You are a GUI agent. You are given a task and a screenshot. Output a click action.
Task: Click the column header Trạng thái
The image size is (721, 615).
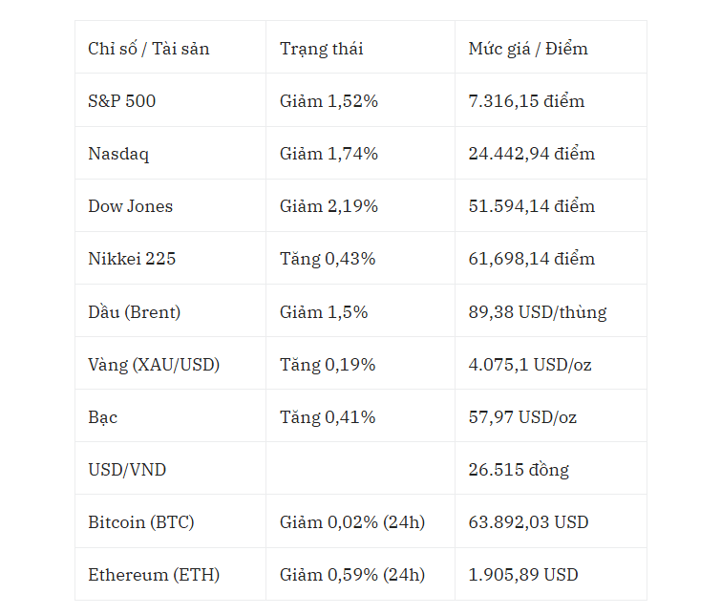pos(322,49)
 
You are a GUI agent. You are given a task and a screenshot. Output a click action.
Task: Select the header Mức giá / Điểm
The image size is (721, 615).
pos(528,49)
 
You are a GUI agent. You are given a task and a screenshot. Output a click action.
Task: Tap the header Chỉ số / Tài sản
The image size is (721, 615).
pos(149,49)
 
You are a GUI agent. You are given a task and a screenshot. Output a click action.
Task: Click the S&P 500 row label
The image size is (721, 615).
pos(122,100)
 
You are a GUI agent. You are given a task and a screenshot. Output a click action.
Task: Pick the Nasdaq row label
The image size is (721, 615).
pos(118,154)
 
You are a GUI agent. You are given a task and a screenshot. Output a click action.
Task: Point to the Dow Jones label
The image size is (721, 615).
pos(131,206)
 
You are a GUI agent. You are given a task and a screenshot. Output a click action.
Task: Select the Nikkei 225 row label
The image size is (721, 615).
pos(132,259)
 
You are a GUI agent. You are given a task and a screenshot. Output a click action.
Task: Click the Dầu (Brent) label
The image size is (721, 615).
pos(135,312)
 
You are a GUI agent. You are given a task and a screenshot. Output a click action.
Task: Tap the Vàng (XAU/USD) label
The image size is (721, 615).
pos(154,365)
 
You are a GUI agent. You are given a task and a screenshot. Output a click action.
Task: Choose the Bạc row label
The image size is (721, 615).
pos(102,417)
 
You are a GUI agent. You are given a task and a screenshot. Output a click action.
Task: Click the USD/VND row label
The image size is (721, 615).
pos(127,470)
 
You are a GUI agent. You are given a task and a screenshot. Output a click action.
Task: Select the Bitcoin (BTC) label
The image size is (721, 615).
pos(141,522)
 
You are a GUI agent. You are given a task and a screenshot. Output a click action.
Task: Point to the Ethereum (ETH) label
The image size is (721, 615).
pos(154,575)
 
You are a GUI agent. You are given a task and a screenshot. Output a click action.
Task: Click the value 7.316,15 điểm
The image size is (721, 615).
pos(526,100)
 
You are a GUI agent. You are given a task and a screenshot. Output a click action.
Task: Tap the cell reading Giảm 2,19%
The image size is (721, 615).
pos(329,206)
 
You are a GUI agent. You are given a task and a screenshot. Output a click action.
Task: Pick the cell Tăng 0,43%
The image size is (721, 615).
pos(328,259)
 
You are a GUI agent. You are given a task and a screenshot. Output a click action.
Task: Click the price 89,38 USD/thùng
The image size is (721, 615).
pos(538,312)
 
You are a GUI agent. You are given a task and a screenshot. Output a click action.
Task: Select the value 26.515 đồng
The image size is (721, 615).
pos(519,470)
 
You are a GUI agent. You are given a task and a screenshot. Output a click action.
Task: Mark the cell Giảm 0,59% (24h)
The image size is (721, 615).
pos(352,575)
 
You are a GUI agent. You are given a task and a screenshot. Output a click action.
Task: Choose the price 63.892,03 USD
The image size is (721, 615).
pos(528,522)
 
